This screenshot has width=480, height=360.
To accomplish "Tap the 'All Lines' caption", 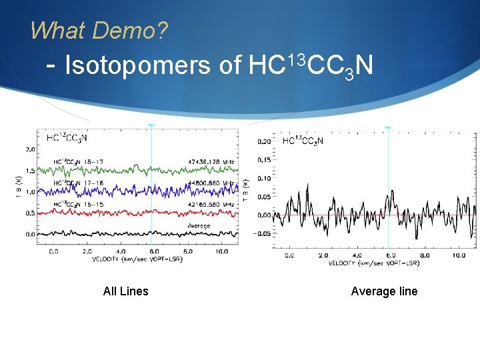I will click(x=126, y=291).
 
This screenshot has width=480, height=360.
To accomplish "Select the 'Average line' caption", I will click(x=384, y=291).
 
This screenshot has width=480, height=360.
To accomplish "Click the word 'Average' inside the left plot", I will click(x=199, y=226).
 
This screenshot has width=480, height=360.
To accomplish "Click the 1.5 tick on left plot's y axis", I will click(x=30, y=170).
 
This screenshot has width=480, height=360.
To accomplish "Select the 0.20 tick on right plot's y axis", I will click(x=265, y=141).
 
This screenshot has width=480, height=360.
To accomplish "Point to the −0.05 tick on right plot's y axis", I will click(x=263, y=233).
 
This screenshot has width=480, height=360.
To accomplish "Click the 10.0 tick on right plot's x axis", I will click(x=459, y=255).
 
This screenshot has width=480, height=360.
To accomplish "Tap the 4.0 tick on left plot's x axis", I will click(x=120, y=251).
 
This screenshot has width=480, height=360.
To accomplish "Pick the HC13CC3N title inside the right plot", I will click(x=303, y=141).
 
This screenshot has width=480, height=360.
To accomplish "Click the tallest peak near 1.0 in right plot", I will click(x=291, y=179).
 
